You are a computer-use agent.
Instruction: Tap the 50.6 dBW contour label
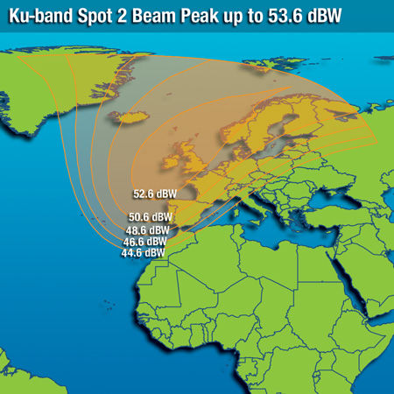[x=151, y=216]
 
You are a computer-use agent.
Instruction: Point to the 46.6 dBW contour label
[x=145, y=241]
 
